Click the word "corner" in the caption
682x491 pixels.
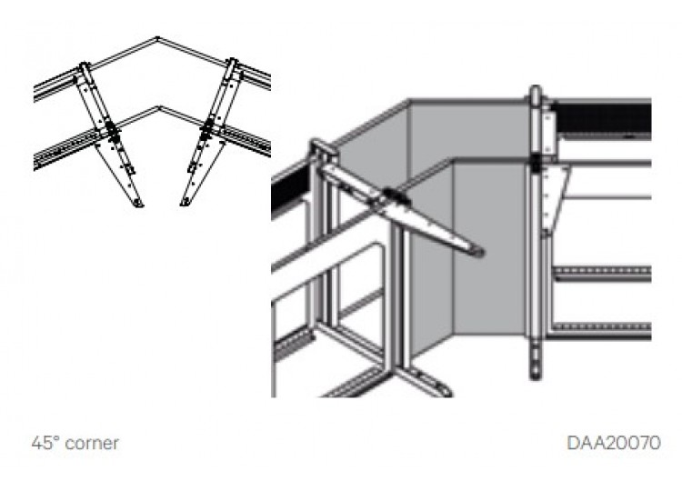click(91, 443)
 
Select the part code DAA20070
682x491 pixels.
click(614, 443)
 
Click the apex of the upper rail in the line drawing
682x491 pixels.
click(157, 38)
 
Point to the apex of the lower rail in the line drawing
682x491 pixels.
click(159, 106)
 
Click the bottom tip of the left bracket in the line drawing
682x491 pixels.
click(139, 204)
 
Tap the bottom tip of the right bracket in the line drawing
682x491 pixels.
click(185, 203)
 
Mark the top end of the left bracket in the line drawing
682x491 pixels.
click(84, 65)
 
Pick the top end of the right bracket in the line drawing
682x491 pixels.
click(233, 60)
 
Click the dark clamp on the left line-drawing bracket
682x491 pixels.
click(112, 130)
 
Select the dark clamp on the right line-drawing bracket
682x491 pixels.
click(207, 127)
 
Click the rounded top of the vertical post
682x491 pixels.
click(536, 90)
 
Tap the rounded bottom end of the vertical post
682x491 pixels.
click(536, 374)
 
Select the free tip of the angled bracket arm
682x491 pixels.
click(478, 251)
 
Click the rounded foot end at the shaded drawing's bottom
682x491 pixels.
click(444, 389)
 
